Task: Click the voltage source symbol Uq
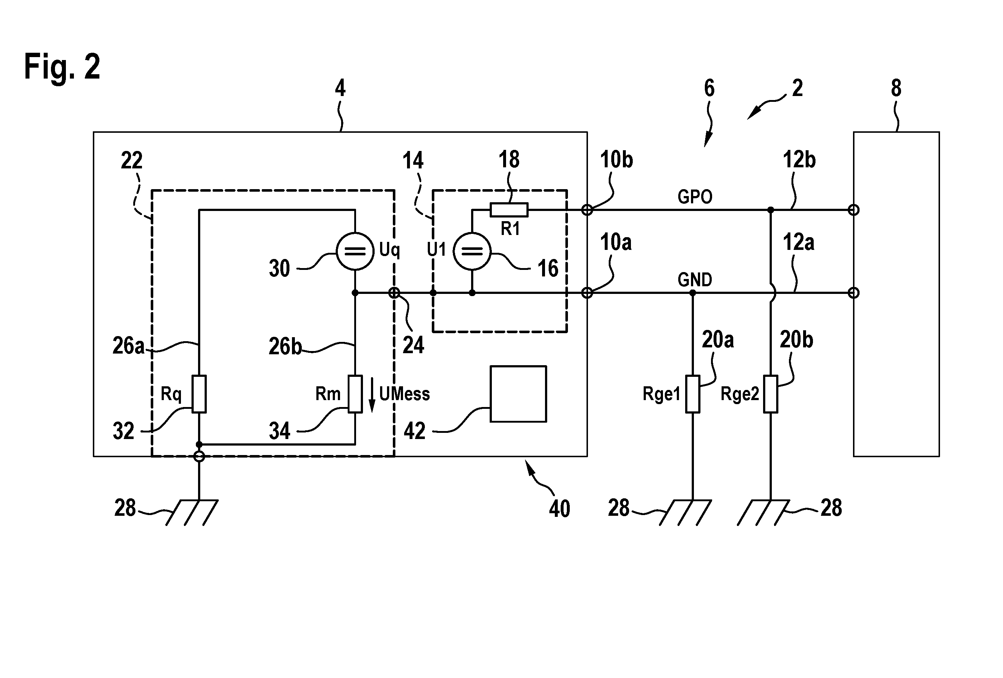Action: (355, 251)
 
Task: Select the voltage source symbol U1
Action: (472, 251)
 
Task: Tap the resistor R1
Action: (509, 210)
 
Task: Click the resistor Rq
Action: (199, 394)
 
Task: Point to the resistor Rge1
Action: (693, 394)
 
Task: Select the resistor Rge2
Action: (770, 394)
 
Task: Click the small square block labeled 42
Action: (518, 394)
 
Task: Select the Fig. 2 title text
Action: (62, 67)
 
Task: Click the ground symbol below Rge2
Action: (763, 513)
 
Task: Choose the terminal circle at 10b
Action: (587, 210)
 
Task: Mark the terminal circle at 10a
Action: (587, 293)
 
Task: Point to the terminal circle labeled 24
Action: (394, 293)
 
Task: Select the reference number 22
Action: (132, 160)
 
